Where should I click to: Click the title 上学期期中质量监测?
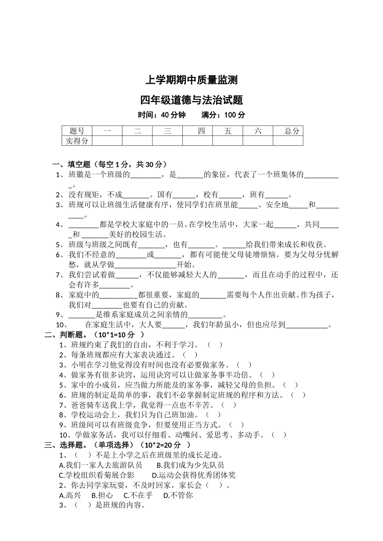pyautogui.click(x=191, y=80)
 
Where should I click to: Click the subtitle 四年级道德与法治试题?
pyautogui.click(x=191, y=99)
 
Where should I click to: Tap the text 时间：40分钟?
pyautogui.click(x=162, y=115)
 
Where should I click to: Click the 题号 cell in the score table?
pyautogui.click(x=77, y=131)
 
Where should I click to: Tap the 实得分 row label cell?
pyautogui.click(x=77, y=140)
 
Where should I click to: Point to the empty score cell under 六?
pyautogui.click(x=258, y=140)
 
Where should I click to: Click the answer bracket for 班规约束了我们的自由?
pyautogui.click(x=215, y=345)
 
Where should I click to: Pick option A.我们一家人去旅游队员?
pyautogui.click(x=100, y=465)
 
